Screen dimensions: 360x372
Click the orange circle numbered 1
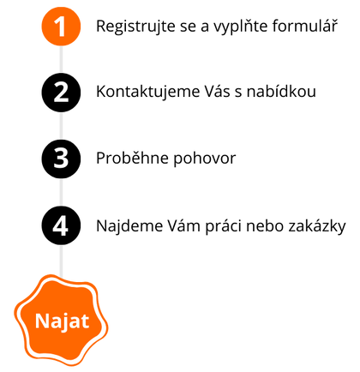point(61,27)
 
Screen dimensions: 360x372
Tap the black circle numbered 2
point(61,93)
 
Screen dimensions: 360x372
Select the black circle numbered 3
point(61,159)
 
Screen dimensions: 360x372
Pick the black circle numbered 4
point(61,225)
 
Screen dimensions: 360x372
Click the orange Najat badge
point(61,321)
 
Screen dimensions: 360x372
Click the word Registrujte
point(135,27)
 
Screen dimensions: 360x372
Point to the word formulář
point(305,26)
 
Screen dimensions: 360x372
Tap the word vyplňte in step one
point(241,27)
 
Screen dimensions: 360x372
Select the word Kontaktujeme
point(147,93)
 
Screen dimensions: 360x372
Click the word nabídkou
point(281,92)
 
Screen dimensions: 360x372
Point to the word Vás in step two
point(218,92)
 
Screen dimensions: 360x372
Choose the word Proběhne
point(133,158)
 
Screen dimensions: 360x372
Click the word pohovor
point(205,159)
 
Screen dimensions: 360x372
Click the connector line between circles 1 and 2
point(61,59)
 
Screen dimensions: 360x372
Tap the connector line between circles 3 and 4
point(61,192)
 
